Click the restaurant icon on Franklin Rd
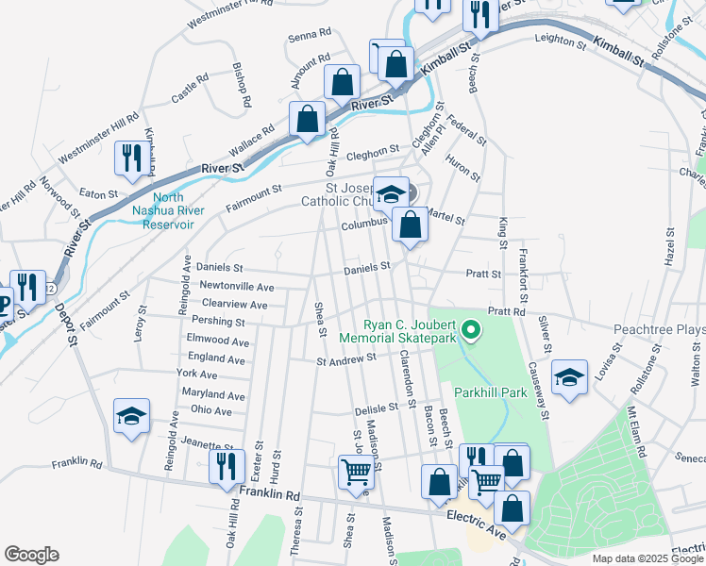click(226, 467)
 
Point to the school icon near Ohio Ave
click(131, 416)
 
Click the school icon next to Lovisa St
click(568, 378)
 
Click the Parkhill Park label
click(487, 391)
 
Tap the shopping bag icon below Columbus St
click(410, 225)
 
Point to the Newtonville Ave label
click(236, 287)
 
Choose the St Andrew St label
click(346, 358)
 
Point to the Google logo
click(31, 555)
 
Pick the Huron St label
click(463, 168)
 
